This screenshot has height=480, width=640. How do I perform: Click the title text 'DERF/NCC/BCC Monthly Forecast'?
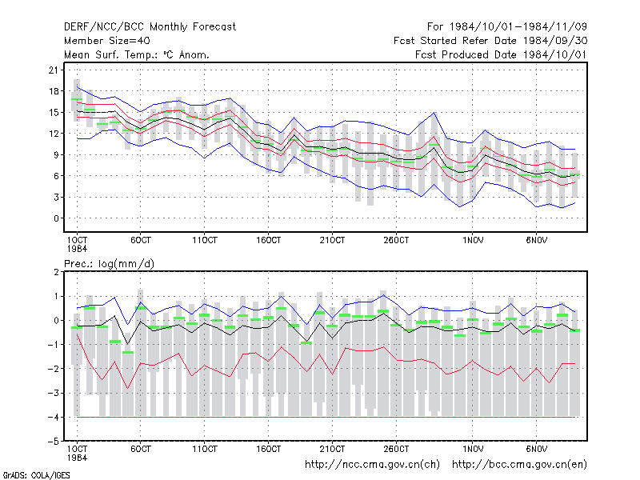(150, 27)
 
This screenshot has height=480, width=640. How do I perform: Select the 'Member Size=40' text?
(107, 41)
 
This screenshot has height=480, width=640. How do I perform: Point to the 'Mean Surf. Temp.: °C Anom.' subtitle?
(136, 54)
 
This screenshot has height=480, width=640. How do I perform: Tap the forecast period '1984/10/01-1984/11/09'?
(518, 27)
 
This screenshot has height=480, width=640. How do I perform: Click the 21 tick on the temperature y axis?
(54, 70)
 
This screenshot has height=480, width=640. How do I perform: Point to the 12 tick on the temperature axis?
(54, 134)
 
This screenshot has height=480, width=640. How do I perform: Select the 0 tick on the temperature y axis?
(56, 218)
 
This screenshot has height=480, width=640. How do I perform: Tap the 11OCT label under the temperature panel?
(205, 241)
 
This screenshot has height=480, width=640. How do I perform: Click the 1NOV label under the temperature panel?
(473, 241)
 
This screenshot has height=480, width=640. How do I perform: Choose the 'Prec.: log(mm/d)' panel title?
(109, 264)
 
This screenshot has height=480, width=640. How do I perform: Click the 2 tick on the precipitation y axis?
(56, 272)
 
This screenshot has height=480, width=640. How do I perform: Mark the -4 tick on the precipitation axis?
(53, 417)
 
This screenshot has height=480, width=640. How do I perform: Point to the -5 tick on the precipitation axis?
(53, 442)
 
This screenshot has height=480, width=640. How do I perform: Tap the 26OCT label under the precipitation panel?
(396, 449)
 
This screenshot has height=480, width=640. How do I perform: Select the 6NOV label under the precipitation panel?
(536, 449)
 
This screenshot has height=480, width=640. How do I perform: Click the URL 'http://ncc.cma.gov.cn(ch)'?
(372, 465)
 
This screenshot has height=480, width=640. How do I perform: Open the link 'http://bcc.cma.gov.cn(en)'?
(519, 465)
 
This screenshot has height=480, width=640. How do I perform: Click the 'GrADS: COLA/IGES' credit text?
(36, 475)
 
